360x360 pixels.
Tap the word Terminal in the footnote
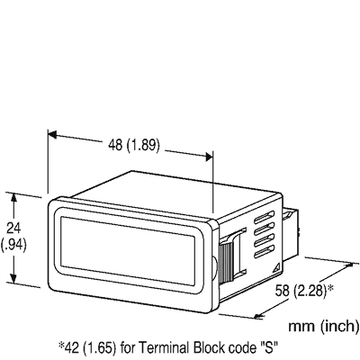[x=171, y=345]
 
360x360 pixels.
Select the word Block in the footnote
[x=217, y=345]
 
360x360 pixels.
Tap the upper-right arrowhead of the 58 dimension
[x=347, y=266]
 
